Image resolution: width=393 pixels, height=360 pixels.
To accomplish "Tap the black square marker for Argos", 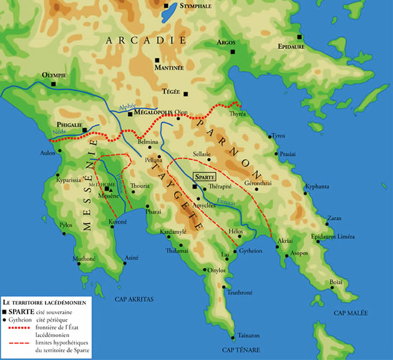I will point(232,52).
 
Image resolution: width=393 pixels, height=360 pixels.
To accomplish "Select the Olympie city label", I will point(54,75).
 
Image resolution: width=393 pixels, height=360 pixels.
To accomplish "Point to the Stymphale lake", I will point(168,15).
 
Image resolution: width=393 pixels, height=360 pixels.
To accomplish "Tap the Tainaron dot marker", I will point(232,338).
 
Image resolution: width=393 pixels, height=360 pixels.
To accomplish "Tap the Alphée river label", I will point(128,107).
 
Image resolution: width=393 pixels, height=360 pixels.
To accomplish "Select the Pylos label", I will point(67,225).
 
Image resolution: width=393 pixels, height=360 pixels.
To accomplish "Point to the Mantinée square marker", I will point(158,60).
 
